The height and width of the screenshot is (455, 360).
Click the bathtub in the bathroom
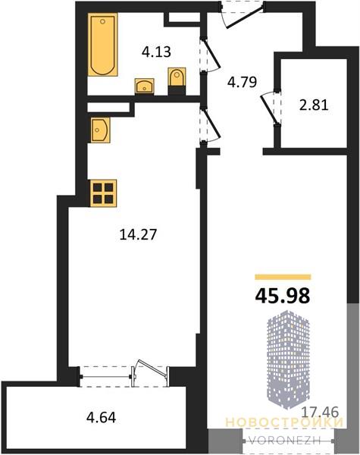pyautogui.click(x=102, y=45)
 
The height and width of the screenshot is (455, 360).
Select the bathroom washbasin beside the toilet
pyautogui.click(x=145, y=86)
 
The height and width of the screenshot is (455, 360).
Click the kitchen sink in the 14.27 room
pyautogui.click(x=100, y=130)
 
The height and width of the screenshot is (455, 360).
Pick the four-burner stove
pyautogui.click(x=103, y=193)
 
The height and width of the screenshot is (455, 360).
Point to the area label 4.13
pyautogui.click(x=156, y=52)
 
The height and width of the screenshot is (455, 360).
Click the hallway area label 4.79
pyautogui.click(x=243, y=82)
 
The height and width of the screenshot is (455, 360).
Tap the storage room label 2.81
pyautogui.click(x=314, y=105)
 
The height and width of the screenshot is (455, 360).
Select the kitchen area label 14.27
pyautogui.click(x=138, y=234)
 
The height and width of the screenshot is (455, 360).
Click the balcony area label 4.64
pyautogui.click(x=102, y=418)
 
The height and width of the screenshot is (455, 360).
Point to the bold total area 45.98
pyautogui.click(x=283, y=296)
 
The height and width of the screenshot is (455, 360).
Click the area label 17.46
pyautogui.click(x=321, y=412)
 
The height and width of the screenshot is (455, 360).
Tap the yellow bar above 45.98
pyautogui.click(x=283, y=277)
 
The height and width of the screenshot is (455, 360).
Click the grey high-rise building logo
pyautogui.click(x=288, y=358)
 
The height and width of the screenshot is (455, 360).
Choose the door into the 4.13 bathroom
pyautogui.click(x=210, y=55)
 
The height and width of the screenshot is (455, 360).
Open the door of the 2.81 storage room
pyautogui.click(x=271, y=108)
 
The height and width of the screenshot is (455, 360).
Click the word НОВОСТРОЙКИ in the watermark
pyautogui.click(x=284, y=422)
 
